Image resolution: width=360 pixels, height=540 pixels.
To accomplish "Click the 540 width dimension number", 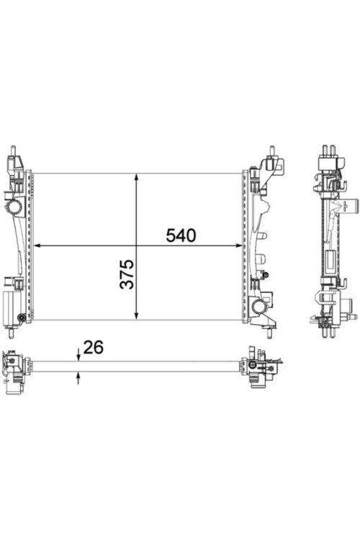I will pos(181,235).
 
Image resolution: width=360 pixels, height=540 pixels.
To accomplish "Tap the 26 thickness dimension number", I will pos(93,347).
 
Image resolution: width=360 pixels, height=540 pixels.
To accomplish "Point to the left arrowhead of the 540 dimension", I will pos(38,246).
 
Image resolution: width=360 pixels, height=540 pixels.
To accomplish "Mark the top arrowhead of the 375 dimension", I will pos(135,178).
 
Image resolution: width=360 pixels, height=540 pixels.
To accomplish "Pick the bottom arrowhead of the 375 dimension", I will pos(135,315).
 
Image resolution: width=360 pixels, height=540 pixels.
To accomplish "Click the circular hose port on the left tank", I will pos(14,209).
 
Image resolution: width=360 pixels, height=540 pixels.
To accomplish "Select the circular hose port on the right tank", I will pos(258,307).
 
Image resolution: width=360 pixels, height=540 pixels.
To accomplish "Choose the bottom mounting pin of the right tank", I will pos(271,330).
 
